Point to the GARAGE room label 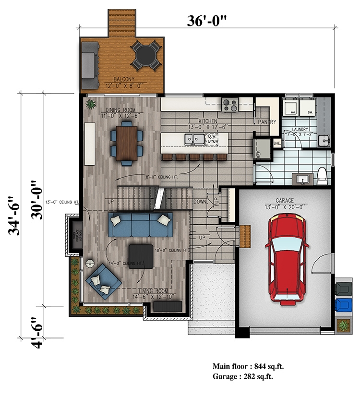point(286,201)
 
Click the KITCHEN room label point(208,121)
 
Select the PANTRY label point(267,122)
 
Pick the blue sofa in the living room point(140,225)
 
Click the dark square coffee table point(141,256)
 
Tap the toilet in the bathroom point(322,176)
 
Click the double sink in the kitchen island point(195,139)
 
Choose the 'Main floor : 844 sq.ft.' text point(250,366)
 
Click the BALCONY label point(124,79)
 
